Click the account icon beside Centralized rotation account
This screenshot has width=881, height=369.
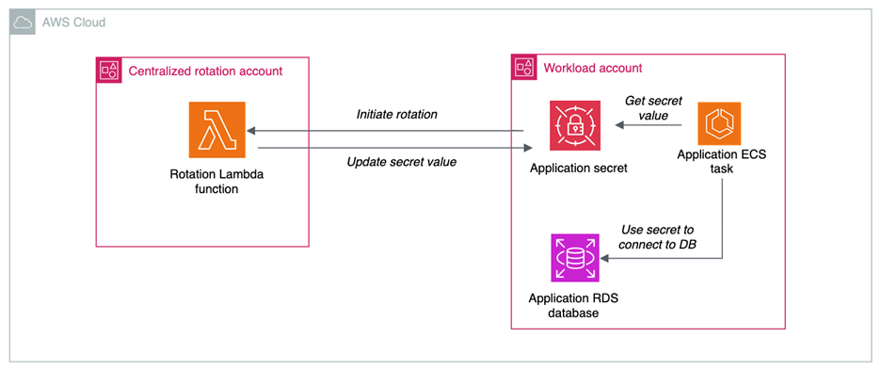[109, 70]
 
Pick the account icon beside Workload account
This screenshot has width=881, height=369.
[523, 68]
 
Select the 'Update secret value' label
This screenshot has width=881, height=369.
[401, 162]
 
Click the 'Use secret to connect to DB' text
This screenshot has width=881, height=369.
[658, 236]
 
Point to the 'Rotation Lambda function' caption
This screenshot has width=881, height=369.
[217, 181]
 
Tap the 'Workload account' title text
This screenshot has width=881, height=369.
[592, 68]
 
